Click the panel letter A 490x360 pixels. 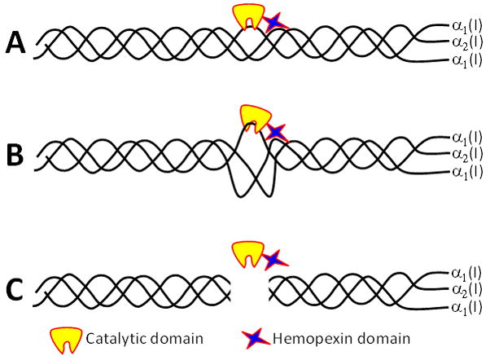tap(15, 42)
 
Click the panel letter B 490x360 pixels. tap(15, 154)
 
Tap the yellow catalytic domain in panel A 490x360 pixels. tap(250, 13)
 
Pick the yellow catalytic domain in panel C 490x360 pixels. tap(247, 250)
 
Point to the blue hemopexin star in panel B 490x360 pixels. tap(278, 130)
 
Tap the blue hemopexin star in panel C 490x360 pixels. tap(274, 258)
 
